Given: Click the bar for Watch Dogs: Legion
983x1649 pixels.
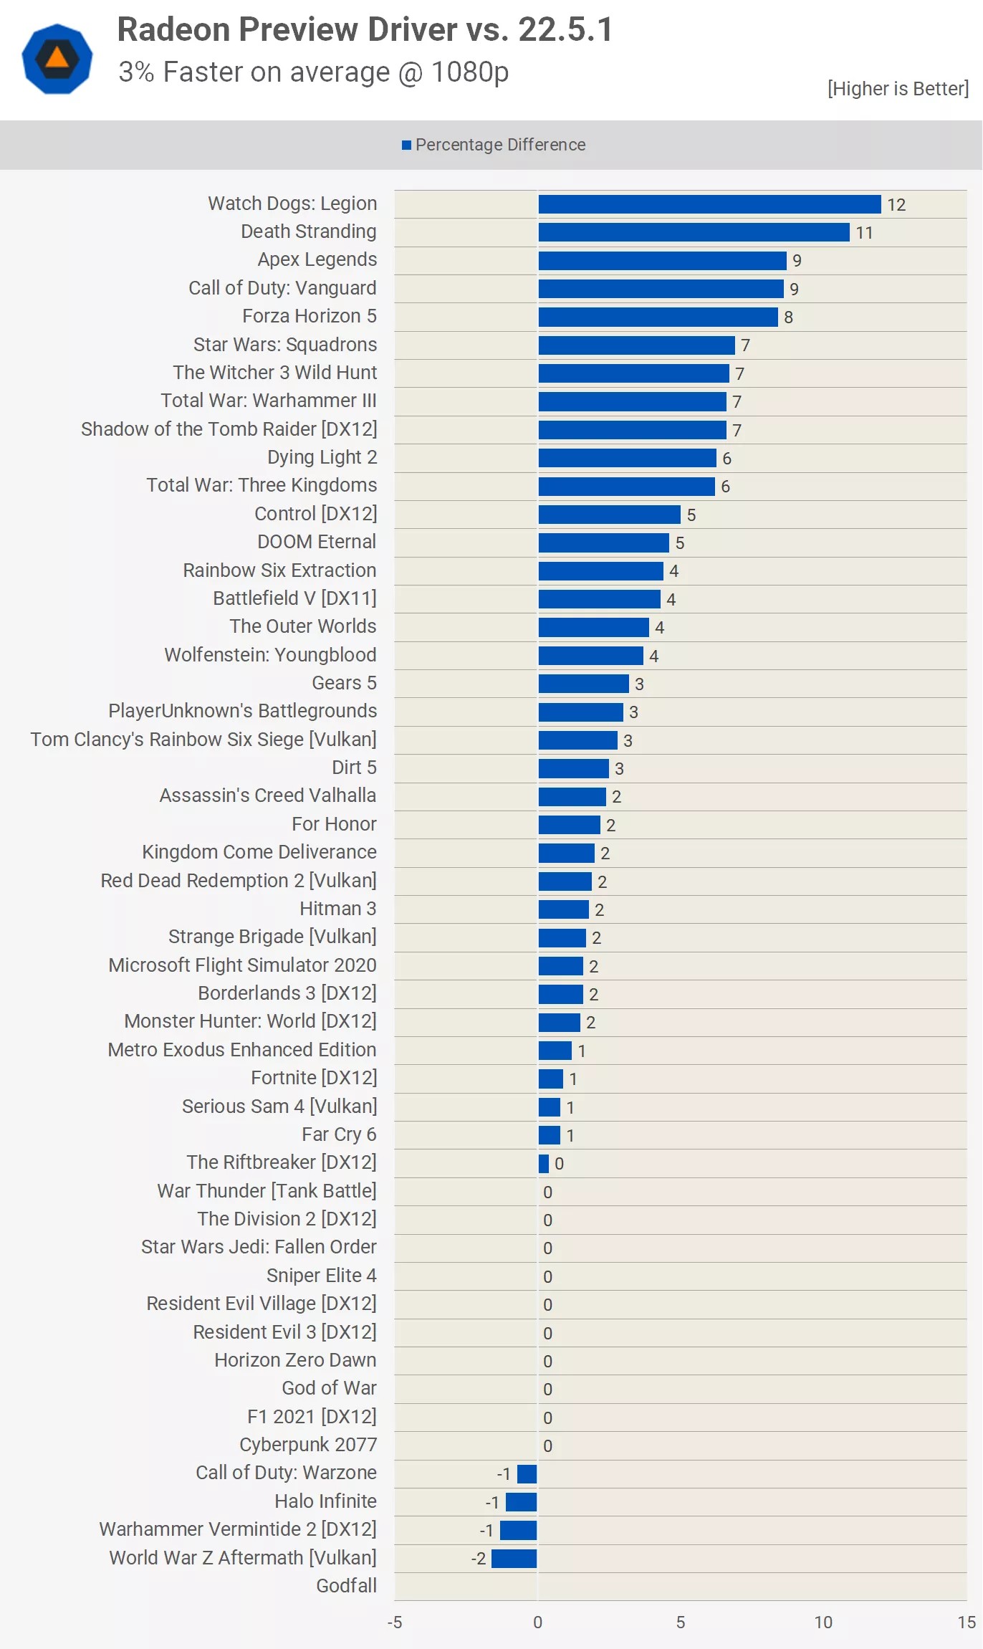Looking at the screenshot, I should (x=709, y=204).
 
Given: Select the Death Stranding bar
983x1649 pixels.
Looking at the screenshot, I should (x=694, y=232).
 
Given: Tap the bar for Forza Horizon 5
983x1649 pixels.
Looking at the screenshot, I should (x=658, y=317).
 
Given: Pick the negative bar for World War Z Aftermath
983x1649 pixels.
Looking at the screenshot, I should (x=514, y=1558).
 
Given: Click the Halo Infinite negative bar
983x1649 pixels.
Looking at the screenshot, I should (x=521, y=1501).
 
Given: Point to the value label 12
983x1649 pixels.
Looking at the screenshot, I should (x=896, y=205).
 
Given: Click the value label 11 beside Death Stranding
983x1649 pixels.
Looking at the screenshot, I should (x=864, y=233).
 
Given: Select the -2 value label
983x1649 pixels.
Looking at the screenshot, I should (x=478, y=1559).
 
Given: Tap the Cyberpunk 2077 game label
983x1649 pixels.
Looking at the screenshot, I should (x=308, y=1445).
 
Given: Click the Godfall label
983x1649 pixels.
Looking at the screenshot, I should (x=346, y=1586).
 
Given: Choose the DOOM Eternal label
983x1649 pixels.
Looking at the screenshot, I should (x=317, y=542).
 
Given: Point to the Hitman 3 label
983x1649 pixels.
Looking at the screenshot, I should (x=337, y=909).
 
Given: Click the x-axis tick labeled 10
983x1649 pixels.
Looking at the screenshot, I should (x=823, y=1622).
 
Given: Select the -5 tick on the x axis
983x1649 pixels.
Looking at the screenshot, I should (x=395, y=1622).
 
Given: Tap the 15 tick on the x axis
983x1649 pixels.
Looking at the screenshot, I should (x=967, y=1622).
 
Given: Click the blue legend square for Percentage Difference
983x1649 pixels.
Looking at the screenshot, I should (x=406, y=145).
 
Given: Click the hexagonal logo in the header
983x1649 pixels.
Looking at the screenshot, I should (x=57, y=59).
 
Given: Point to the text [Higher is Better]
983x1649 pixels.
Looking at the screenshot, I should (x=898, y=89).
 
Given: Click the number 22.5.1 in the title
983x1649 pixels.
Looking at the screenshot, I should (x=565, y=30).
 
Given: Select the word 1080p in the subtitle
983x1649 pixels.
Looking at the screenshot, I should (x=470, y=72).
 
